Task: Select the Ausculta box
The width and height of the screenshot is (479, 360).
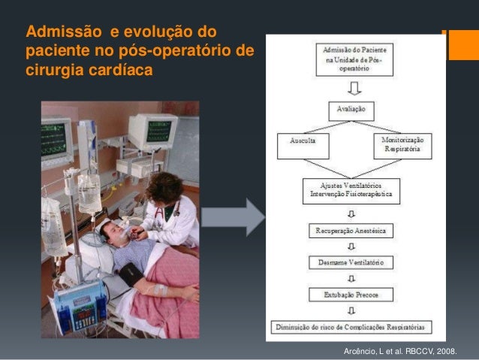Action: coord(303,145)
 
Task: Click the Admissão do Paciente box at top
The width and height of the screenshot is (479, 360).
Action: coord(351,58)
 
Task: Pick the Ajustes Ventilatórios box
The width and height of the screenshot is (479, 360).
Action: coord(351,191)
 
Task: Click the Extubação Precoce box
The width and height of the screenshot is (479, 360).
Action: coord(351,295)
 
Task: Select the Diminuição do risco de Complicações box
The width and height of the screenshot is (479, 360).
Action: coord(351,327)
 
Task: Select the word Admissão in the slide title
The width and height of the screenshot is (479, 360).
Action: coord(55,32)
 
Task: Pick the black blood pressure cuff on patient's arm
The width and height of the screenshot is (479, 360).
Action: coord(129,272)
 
